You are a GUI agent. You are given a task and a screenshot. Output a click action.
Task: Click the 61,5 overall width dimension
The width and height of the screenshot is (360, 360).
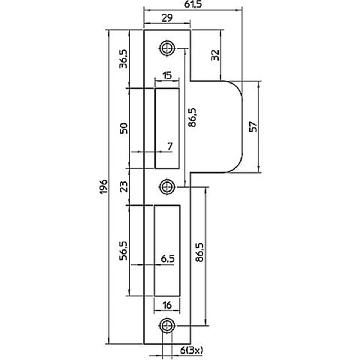[x=193, y=5]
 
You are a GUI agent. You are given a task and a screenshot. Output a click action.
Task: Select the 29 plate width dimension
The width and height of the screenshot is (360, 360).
[x=167, y=18]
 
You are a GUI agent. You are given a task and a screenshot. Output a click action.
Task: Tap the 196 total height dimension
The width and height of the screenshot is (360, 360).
[x=104, y=186]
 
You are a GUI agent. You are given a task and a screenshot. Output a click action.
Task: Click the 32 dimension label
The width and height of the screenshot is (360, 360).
[x=215, y=55]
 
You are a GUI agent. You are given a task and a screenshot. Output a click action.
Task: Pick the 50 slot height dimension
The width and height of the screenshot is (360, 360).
[x=124, y=128]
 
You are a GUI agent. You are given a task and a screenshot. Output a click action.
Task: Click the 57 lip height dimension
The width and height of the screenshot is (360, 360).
[x=253, y=126]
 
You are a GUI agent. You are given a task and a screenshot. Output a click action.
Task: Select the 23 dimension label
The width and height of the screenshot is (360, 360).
[x=124, y=186]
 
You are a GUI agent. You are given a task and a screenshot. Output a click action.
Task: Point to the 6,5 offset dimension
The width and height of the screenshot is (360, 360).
[x=167, y=259]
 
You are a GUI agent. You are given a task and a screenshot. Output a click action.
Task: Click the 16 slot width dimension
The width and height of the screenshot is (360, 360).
[x=167, y=305]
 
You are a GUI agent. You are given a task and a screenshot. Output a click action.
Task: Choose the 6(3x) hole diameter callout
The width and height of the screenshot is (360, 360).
[x=191, y=350]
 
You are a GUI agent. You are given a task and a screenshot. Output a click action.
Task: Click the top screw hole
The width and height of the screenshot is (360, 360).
[x=167, y=48]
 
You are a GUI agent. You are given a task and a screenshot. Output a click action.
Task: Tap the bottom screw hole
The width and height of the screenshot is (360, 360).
[x=167, y=325]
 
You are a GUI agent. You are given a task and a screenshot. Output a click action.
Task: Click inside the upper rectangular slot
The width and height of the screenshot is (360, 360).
[x=167, y=128]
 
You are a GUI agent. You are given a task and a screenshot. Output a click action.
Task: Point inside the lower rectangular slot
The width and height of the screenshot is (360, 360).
[x=167, y=251]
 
